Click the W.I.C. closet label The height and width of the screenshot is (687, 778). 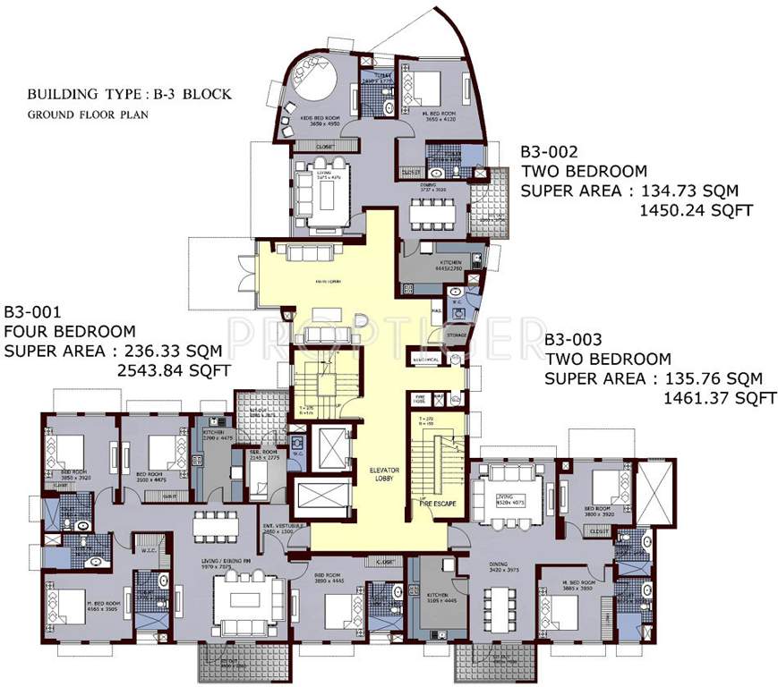(150, 550)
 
